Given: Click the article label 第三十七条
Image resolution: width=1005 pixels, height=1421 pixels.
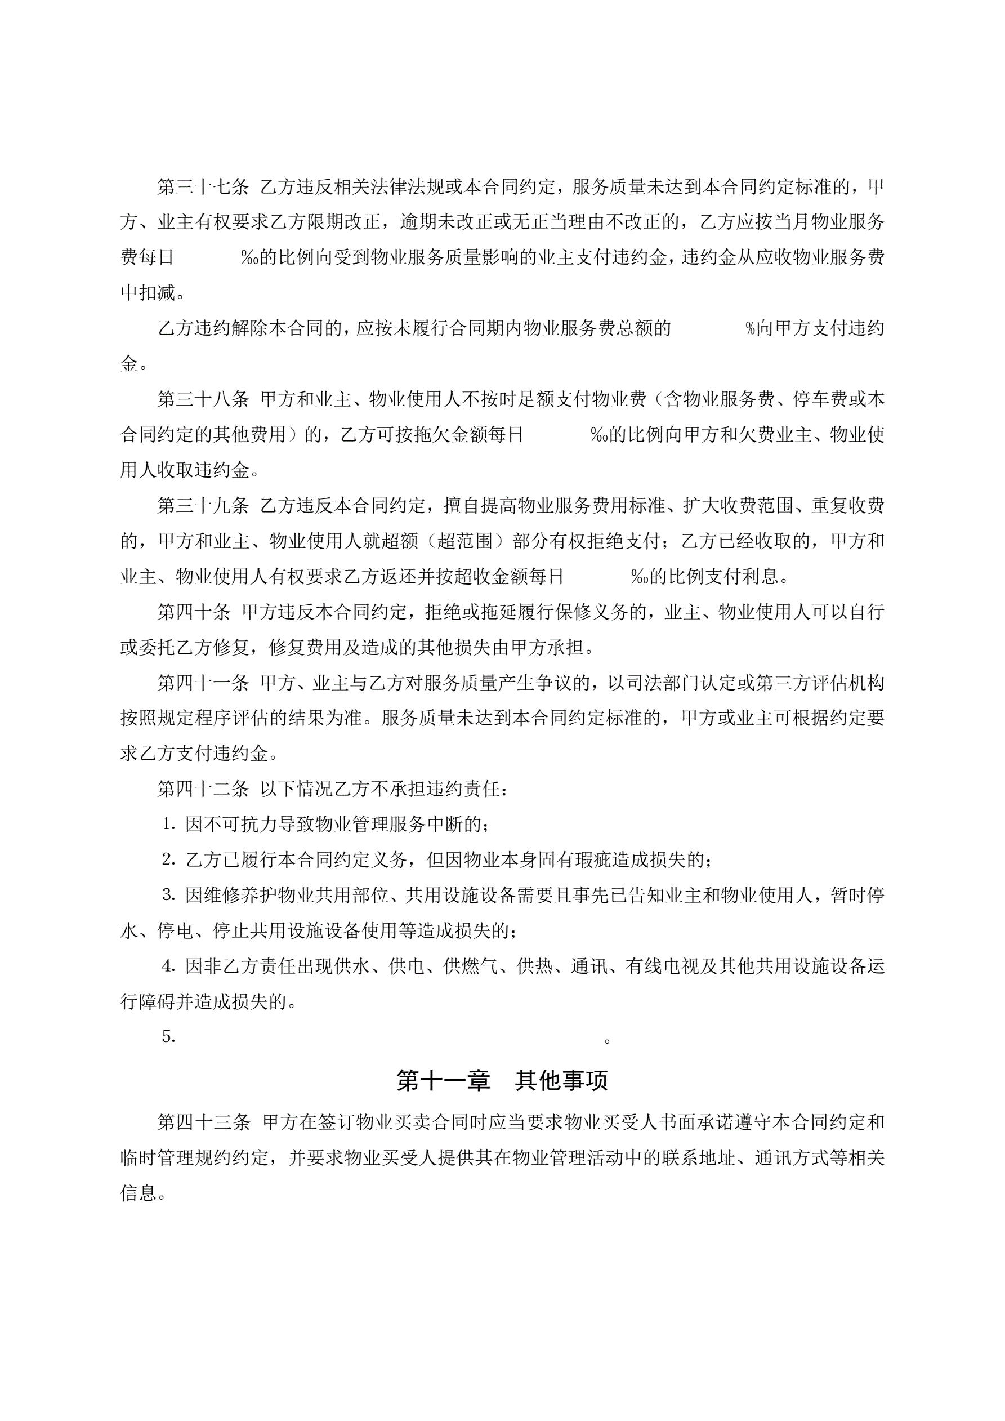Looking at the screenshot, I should click(x=203, y=186).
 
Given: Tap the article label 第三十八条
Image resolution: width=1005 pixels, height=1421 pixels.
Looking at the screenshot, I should click(x=203, y=399).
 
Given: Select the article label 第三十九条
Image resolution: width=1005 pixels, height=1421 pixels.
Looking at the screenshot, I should click(x=203, y=506).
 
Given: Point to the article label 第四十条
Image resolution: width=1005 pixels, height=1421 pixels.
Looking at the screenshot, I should click(x=194, y=612).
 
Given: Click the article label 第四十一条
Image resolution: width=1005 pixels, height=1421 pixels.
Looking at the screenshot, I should click(x=203, y=683).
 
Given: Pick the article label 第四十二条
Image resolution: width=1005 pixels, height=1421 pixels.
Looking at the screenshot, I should click(x=203, y=789).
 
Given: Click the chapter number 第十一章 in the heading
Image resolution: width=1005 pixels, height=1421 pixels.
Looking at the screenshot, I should click(x=443, y=1081).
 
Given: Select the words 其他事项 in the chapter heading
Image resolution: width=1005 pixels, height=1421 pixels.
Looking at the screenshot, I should click(x=562, y=1081).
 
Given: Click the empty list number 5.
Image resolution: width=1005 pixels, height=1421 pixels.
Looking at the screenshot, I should click(x=169, y=1037).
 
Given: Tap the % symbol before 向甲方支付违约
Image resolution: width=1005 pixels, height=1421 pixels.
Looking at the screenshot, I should click(x=751, y=328).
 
